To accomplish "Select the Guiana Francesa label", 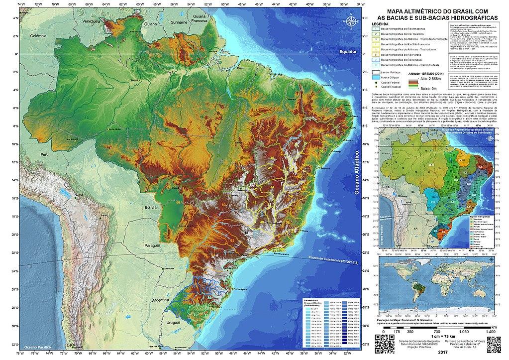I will tap(202, 18).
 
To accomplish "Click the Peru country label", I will tap(46, 155).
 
